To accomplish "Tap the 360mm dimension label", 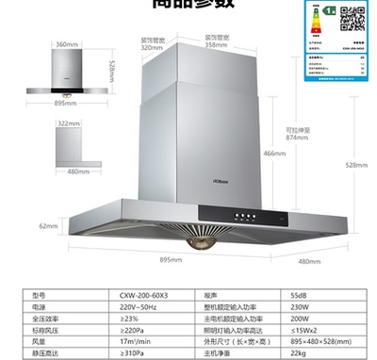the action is click(x=65, y=44).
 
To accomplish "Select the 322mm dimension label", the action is click(x=68, y=123).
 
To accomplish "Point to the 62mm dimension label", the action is click(x=49, y=226).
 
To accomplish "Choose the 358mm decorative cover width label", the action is click(x=218, y=44).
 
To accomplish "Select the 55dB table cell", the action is click(x=301, y=294).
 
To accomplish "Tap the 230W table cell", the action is click(x=302, y=305).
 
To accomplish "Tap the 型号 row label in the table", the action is click(x=39, y=294).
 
